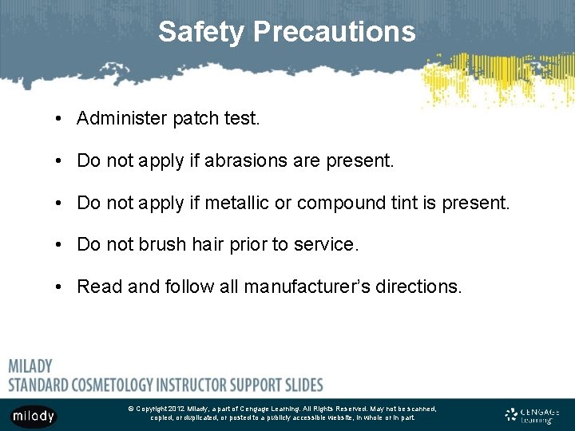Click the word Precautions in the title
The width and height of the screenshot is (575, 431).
[335, 32]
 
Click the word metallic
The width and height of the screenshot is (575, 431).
[236, 204]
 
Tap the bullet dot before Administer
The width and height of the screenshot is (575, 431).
[61, 120]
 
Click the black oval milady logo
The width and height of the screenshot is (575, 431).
[33, 416]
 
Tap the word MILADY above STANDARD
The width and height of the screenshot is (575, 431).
[30, 366]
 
